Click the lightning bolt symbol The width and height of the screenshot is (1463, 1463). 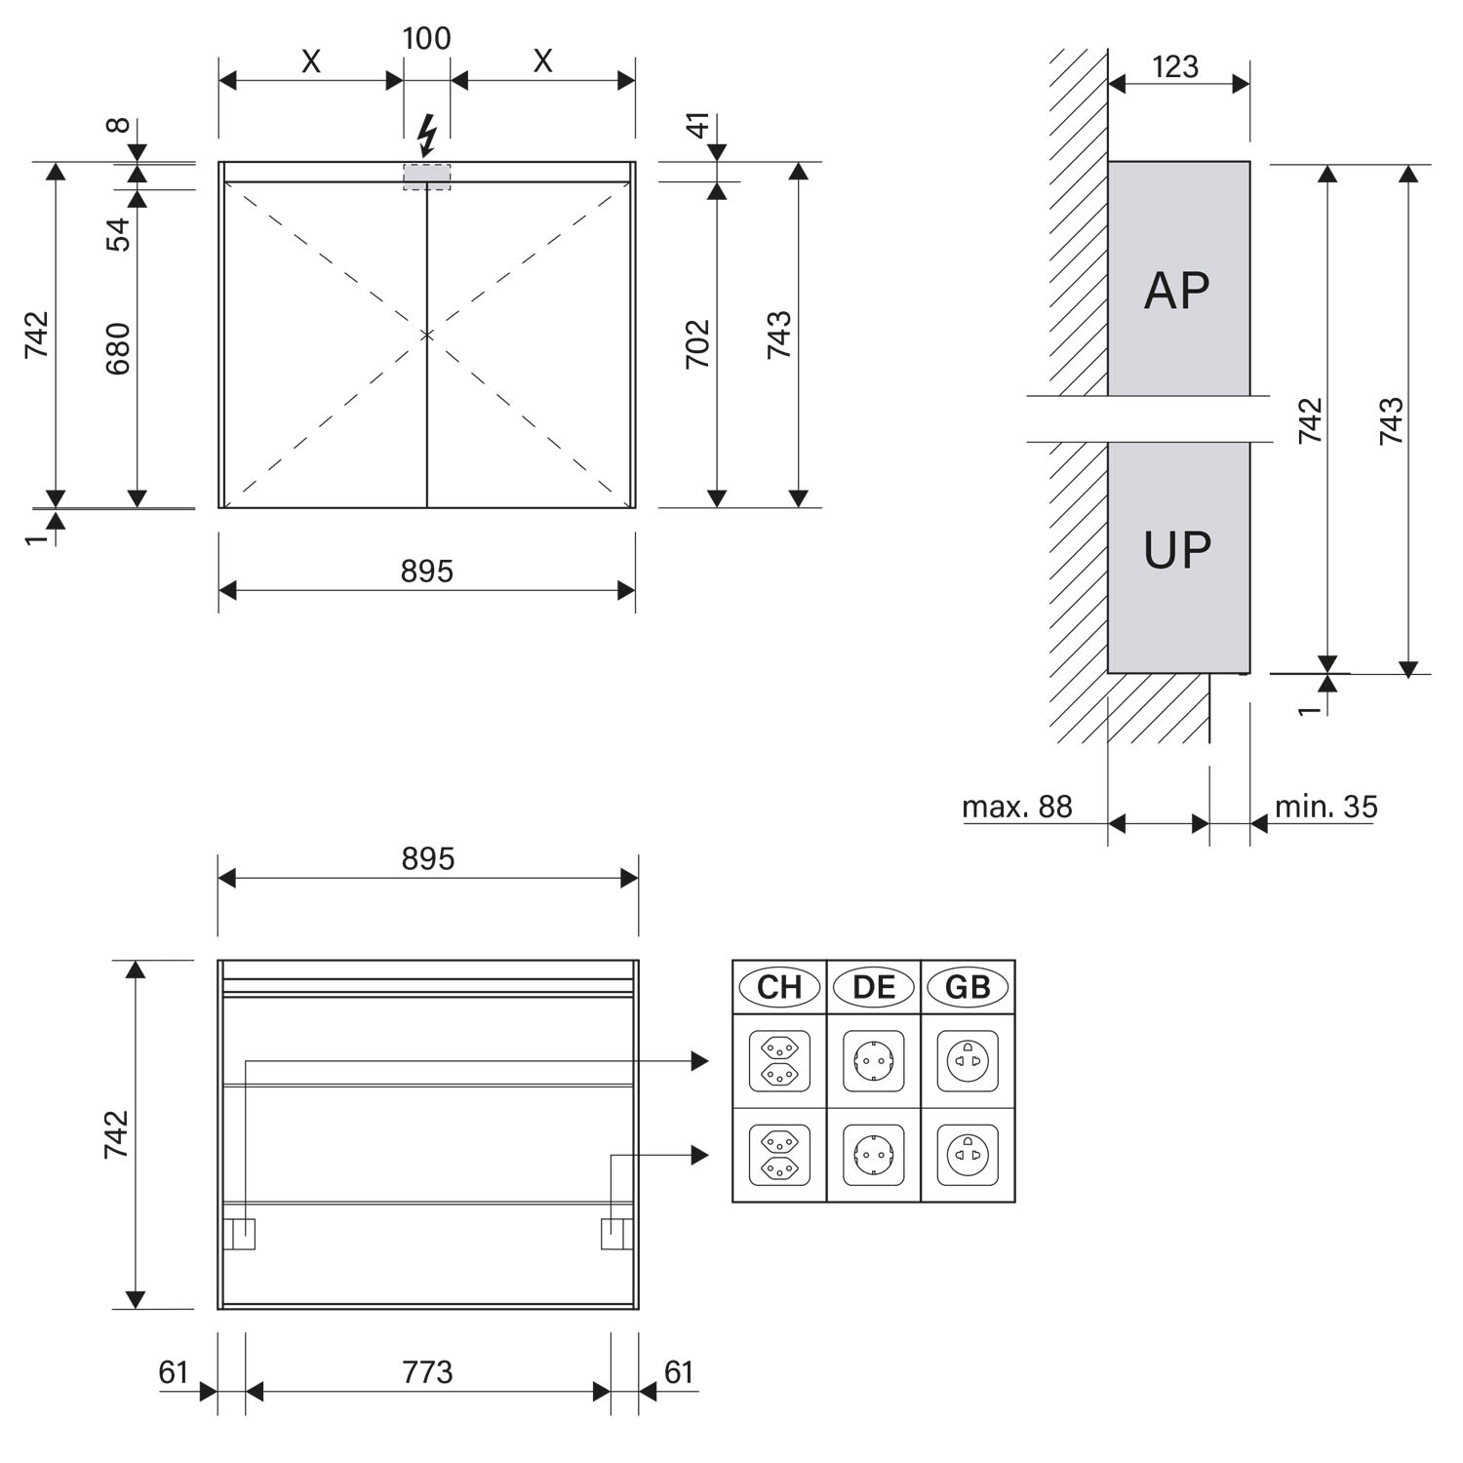tap(426, 137)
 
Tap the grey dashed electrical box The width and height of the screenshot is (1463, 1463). tap(427, 177)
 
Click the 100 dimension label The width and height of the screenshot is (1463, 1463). tap(427, 39)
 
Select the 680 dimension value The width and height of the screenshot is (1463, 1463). tap(118, 348)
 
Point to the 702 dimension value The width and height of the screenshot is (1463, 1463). tap(697, 343)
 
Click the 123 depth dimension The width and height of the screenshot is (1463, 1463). tap(1175, 66)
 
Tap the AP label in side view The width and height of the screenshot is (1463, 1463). tap(1177, 290)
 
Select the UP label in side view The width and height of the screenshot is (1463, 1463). tap(1177, 550)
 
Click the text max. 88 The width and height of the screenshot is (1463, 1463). tap(1017, 807)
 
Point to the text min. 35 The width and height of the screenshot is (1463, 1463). tap(1326, 807)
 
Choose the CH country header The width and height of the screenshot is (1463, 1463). tap(779, 987)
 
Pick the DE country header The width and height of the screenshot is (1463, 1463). tap(874, 987)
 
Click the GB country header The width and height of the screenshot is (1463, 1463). tap(968, 987)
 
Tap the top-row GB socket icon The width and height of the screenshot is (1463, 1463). tap(968, 1060)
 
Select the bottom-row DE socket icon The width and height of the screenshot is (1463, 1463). tap(874, 1155)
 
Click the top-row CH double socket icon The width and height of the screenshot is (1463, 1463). tap(779, 1060)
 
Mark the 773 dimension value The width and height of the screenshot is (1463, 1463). tap(427, 1372)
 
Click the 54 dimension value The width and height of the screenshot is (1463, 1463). tap(118, 234)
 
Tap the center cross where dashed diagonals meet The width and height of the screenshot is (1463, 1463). tap(427, 335)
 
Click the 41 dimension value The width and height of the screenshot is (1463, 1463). tap(697, 125)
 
